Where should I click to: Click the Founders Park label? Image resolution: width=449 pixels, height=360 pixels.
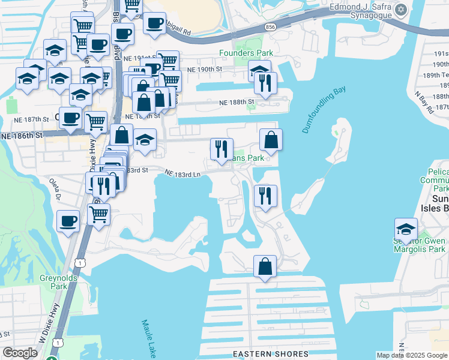click(254, 53)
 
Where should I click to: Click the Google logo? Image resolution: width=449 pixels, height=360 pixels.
click(20, 353)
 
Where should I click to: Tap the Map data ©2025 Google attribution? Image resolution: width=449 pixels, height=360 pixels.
click(411, 355)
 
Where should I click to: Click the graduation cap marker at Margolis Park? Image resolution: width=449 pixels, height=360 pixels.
click(406, 229)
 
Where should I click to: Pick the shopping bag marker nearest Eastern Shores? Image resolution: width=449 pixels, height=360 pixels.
click(265, 266)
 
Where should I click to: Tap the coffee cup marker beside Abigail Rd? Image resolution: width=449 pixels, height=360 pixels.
click(155, 23)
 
